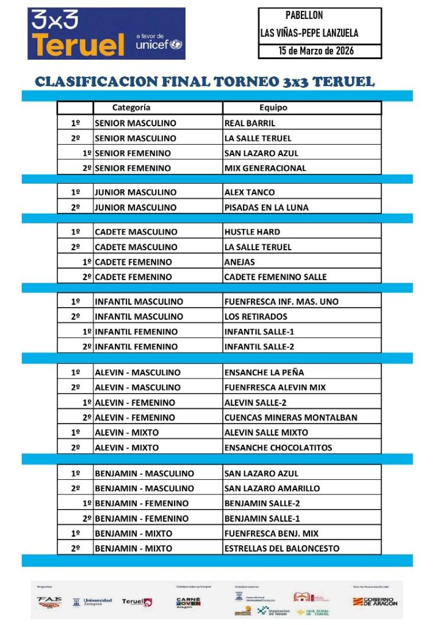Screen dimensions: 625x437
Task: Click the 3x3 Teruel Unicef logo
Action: tap(106, 34)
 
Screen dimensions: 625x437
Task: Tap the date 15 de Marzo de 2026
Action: tap(316, 51)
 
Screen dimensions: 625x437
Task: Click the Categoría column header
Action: tap(131, 108)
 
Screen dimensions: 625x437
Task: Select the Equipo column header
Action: tap(273, 108)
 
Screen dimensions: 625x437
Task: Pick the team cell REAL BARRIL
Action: tap(250, 123)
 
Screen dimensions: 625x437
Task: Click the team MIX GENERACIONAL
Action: tap(265, 168)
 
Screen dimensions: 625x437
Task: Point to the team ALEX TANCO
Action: tap(250, 193)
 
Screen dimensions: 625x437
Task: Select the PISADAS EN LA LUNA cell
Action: tap(266, 208)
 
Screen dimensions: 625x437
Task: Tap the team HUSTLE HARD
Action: tap(252, 233)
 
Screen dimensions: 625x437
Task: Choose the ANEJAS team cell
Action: tap(239, 262)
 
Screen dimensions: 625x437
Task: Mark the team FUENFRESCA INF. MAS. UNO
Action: tap(281, 302)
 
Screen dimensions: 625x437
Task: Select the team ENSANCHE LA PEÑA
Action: tap(264, 373)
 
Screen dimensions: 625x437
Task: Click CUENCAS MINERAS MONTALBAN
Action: tap(291, 418)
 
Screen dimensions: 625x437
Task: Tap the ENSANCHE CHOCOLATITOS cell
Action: tap(278, 448)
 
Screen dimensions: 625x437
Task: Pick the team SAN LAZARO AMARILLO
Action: tap(270, 488)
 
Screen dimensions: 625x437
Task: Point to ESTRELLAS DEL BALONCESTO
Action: tap(281, 549)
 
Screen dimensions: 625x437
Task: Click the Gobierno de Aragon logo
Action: tap(375, 601)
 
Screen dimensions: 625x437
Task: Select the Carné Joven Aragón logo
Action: tap(188, 601)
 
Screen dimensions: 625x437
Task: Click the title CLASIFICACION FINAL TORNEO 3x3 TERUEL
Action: tap(204, 82)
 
